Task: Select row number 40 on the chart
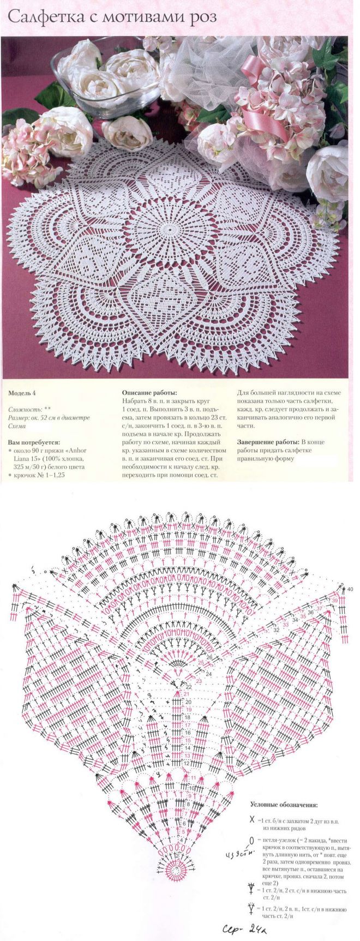[350, 590]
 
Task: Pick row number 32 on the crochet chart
[276, 630]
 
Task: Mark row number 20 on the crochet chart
[188, 702]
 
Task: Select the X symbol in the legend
[251, 820]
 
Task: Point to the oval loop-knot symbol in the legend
[251, 840]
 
